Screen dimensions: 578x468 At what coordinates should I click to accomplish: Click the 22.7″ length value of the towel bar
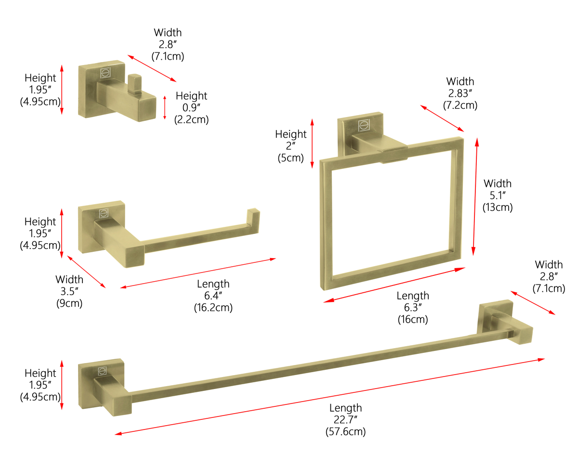pyautogui.click(x=345, y=420)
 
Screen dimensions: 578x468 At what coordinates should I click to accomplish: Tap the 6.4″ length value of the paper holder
pyautogui.click(x=213, y=296)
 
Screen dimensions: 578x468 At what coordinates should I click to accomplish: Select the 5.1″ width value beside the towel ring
pyautogui.click(x=498, y=195)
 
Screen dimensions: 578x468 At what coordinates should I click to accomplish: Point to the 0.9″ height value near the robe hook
pyautogui.click(x=191, y=108)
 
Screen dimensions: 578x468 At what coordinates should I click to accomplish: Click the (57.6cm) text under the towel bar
pyautogui.click(x=345, y=431)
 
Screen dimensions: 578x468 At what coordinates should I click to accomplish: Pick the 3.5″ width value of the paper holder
pyautogui.click(x=69, y=291)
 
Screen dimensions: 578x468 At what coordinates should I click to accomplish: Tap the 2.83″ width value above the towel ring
pyautogui.click(x=460, y=93)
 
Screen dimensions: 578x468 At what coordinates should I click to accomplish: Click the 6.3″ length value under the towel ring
pyautogui.click(x=413, y=307)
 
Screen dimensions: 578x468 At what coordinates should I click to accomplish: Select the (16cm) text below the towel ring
pyautogui.click(x=413, y=319)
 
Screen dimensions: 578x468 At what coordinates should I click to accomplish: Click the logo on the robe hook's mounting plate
pyautogui.click(x=105, y=73)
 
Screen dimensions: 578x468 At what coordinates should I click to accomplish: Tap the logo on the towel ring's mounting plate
pyautogui.click(x=364, y=125)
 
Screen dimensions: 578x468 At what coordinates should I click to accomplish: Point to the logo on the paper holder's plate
pyautogui.click(x=104, y=213)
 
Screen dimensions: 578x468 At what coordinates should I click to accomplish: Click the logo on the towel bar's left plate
pyautogui.click(x=102, y=371)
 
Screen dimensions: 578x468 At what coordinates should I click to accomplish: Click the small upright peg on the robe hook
pyautogui.click(x=135, y=83)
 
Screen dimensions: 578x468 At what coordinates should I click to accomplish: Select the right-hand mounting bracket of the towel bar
pyautogui.click(x=505, y=322)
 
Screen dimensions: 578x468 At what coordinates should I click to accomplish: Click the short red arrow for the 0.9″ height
pyautogui.click(x=164, y=107)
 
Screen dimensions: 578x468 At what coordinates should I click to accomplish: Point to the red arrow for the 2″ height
pyautogui.click(x=312, y=143)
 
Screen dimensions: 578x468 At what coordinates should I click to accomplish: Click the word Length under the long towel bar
pyautogui.click(x=345, y=408)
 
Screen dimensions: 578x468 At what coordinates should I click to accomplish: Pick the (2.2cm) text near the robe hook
pyautogui.click(x=191, y=119)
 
